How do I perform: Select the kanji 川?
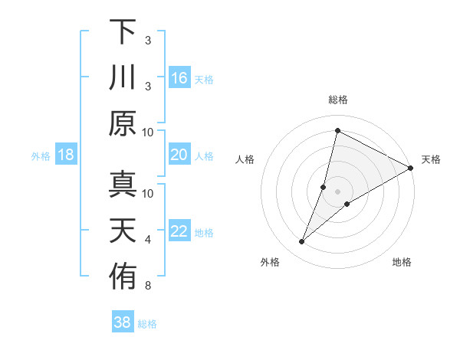click(123, 77)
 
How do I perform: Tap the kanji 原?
click(123, 123)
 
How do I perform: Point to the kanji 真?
click(123, 184)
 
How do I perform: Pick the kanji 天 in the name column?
click(123, 231)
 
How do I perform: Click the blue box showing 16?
click(179, 78)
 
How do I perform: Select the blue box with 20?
click(179, 155)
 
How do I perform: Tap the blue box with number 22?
click(179, 232)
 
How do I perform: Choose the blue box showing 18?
click(65, 155)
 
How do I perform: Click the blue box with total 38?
click(123, 322)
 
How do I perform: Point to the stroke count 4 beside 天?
click(148, 241)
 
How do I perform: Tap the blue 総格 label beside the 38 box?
click(147, 324)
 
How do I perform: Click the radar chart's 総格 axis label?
click(337, 100)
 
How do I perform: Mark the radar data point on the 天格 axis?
click(410, 168)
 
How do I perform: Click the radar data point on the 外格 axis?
click(302, 242)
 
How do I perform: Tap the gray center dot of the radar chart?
click(337, 191)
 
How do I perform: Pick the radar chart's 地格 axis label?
click(402, 263)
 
